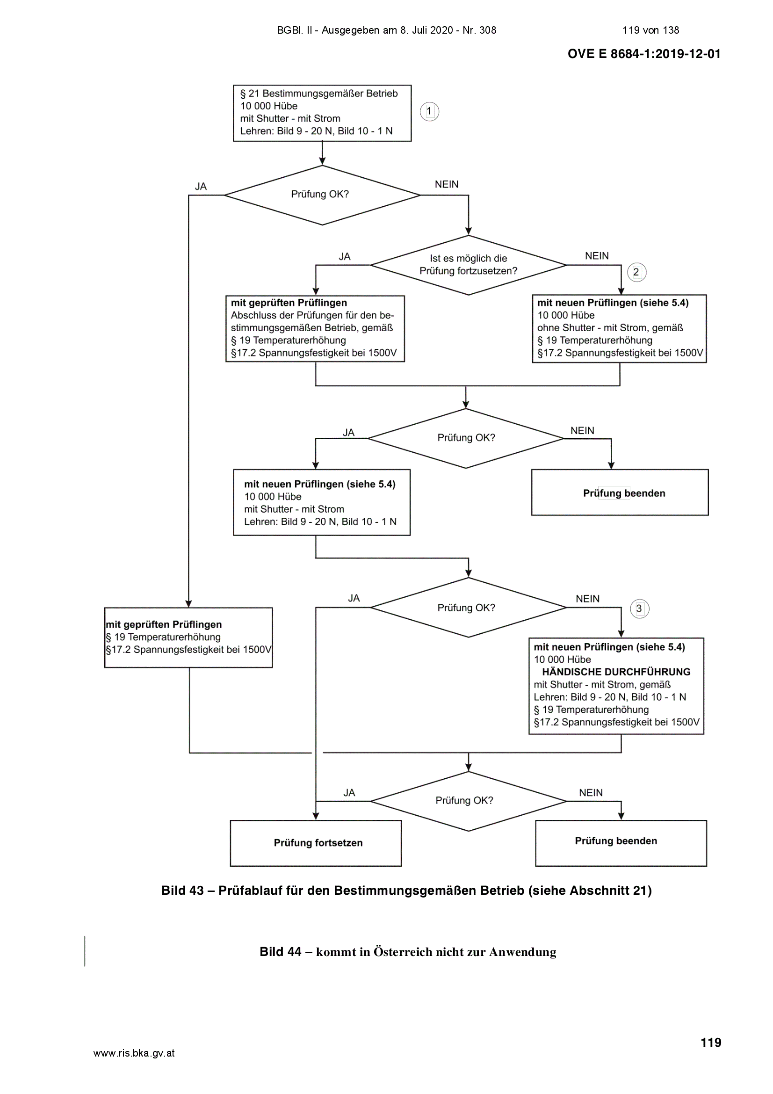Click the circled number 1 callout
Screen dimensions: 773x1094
pos(429,111)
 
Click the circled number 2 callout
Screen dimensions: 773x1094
pos(636,272)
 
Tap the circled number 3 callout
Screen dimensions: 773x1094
pos(639,609)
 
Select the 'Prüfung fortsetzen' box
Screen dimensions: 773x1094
pos(316,843)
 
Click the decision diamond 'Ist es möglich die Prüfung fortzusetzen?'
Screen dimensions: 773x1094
pos(468,265)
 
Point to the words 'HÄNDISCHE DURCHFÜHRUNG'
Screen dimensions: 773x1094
pos(616,672)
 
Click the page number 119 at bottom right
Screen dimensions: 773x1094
pos(711,1043)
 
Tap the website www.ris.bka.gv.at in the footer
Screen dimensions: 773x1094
pos(134,1053)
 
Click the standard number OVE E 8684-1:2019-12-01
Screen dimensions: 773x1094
pos(644,54)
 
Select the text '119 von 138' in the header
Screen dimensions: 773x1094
pos(650,30)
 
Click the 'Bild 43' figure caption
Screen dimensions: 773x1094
pos(406,891)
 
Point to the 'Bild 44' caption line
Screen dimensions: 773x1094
pos(408,952)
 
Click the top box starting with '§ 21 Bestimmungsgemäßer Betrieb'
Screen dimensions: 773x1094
pos(322,113)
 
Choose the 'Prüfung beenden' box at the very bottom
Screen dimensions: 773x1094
pos(621,843)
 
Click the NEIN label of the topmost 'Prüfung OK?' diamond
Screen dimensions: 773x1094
pos(446,184)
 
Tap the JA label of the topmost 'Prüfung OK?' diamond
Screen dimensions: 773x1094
pos(201,187)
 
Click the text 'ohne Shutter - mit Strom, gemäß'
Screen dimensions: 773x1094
pos(610,328)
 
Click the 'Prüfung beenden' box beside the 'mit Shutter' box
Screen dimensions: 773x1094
pos(620,492)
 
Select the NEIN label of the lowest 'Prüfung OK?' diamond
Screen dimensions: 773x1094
pos(591,793)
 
